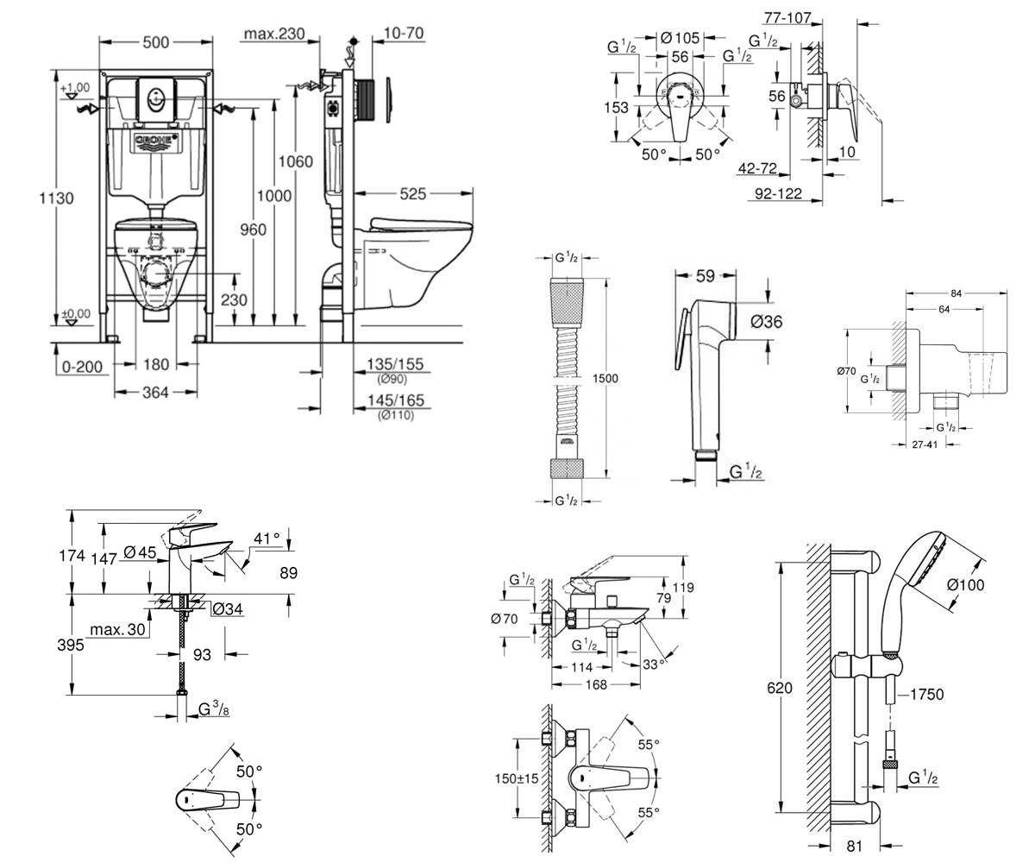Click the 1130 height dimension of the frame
point(57,198)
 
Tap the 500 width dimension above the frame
point(156,42)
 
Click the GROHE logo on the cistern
point(156,141)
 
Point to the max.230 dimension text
point(274,34)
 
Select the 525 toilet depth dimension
point(413,194)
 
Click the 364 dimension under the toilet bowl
point(155,393)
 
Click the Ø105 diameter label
point(681,38)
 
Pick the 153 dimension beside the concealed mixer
point(616,107)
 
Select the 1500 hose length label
point(605,379)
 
